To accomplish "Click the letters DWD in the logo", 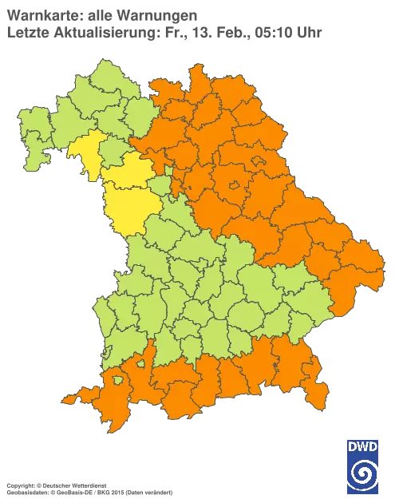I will point(363,447).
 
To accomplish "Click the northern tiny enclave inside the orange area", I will point(259,162).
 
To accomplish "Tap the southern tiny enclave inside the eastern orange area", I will point(234,185).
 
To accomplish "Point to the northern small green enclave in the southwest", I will point(140,364).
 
